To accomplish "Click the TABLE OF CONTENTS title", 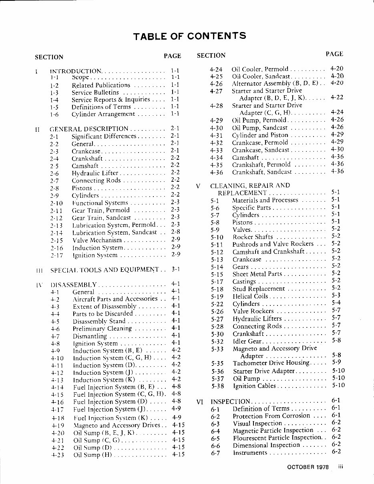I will tap(189, 36).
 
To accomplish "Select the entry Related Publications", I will tap(101, 85).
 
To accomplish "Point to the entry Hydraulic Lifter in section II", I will tap(95, 173).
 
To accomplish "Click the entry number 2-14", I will tap(56, 233).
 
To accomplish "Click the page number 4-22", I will tap(337, 98).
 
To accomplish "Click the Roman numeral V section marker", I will tap(198, 186).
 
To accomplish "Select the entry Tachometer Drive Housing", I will tap(271, 363).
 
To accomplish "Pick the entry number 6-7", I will tap(215, 453).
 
